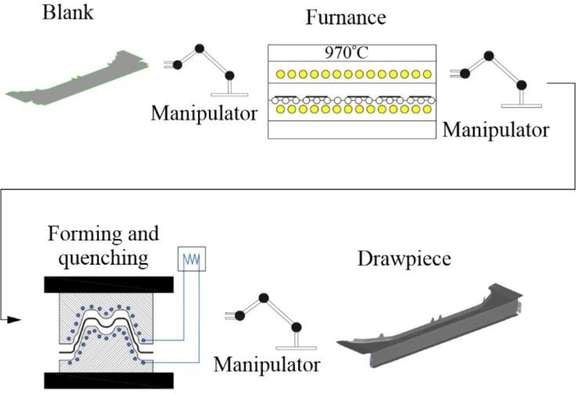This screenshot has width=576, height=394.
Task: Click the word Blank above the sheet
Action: (x=68, y=13)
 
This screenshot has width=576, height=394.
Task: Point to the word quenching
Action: (x=96, y=258)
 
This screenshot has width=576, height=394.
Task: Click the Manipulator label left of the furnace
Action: (x=203, y=113)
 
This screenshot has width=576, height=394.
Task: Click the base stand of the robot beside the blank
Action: (x=229, y=93)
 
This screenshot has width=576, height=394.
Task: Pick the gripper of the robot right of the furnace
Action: (x=456, y=73)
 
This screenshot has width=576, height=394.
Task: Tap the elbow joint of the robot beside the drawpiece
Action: (x=264, y=298)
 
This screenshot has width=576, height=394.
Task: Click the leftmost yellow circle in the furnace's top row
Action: (x=281, y=74)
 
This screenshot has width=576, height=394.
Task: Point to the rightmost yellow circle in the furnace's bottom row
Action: (x=426, y=109)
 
